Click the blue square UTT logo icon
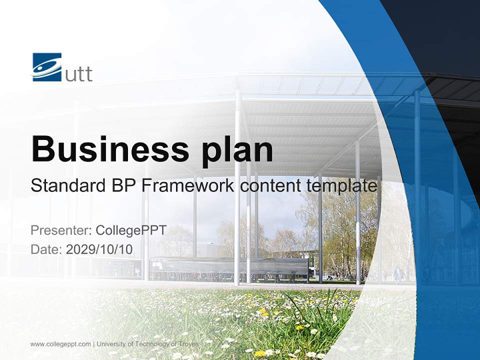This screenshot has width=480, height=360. (47, 67)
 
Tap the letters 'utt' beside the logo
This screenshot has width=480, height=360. (79, 74)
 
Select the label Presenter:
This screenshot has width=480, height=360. (60, 230)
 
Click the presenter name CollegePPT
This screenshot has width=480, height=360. (131, 230)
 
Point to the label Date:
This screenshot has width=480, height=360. (46, 249)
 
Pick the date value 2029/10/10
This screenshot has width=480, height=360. (99, 249)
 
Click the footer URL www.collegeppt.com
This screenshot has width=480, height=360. (60, 344)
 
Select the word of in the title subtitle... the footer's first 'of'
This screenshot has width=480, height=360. (126, 344)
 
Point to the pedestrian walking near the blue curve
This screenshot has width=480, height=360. (397, 274)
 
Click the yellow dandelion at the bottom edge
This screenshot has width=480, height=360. (259, 353)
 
